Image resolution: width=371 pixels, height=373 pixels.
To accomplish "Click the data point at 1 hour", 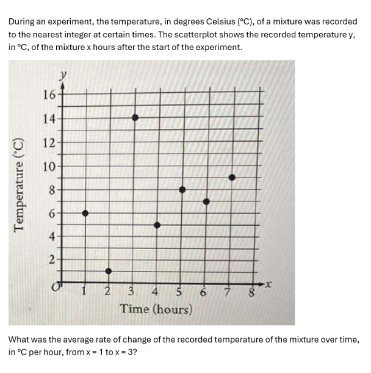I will (x=85, y=213).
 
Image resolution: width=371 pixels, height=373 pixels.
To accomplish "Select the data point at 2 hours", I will (x=109, y=270).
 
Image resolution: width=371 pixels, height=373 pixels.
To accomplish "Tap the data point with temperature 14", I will (x=135, y=117).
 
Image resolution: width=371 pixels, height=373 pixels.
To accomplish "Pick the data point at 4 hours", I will (x=157, y=225).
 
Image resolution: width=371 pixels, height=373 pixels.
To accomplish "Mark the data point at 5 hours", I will (x=182, y=190).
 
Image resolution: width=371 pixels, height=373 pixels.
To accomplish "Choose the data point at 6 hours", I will (x=206, y=201).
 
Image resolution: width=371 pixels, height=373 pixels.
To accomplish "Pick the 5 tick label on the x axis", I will (x=179, y=292).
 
